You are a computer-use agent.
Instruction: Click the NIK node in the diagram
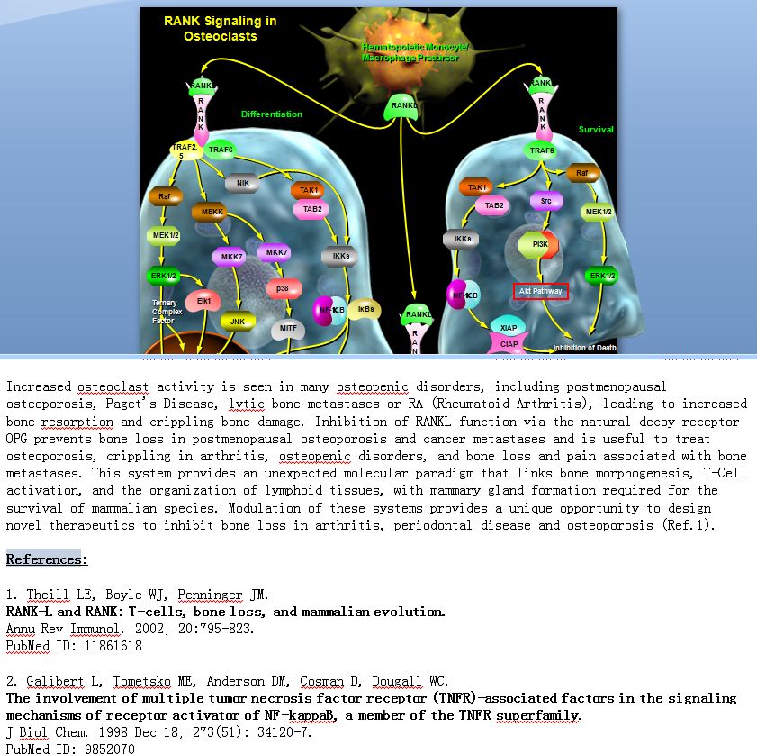[242, 183]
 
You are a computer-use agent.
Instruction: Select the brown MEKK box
[212, 212]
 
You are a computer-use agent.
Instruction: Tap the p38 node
[283, 288]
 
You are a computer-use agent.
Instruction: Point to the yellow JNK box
[238, 321]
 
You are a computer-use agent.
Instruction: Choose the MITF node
[288, 329]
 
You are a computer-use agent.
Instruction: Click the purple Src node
[545, 201]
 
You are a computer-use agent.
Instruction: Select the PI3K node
[541, 244]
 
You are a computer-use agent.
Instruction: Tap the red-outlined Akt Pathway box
[541, 291]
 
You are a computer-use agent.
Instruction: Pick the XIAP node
[509, 328]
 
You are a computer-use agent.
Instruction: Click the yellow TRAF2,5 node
[186, 150]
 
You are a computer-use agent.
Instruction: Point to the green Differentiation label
[272, 114]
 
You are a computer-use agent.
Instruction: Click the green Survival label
[596, 130]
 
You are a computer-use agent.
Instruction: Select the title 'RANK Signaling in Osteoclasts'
[221, 29]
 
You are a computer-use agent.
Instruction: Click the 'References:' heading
[47, 559]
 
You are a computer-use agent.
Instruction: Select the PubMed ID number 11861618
[104, 646]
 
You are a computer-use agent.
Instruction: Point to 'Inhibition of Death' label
[584, 348]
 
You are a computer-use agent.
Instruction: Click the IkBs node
[365, 309]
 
